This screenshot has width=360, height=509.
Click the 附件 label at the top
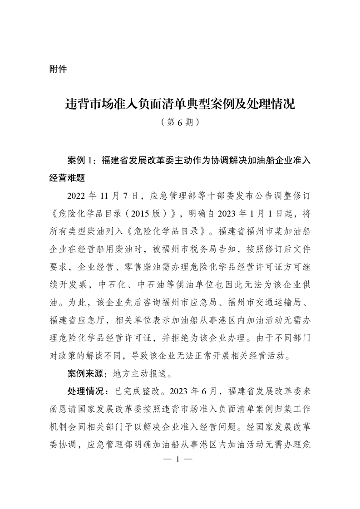58,69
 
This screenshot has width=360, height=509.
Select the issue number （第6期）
180,122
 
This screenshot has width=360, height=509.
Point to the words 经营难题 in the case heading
67,177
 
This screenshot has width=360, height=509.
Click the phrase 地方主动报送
141,373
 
